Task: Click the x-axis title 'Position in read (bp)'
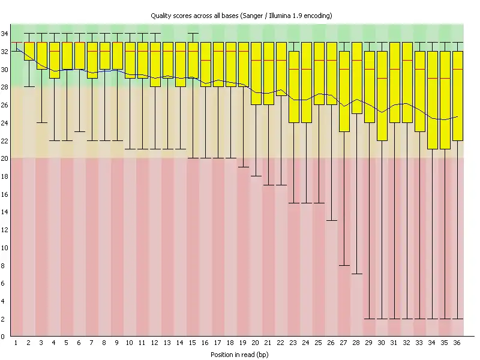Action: [x=240, y=355]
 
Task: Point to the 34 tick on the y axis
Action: [x=4, y=34]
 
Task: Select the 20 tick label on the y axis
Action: [x=4, y=158]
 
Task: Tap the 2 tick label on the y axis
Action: [x=4, y=319]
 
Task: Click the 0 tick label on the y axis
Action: [x=4, y=337]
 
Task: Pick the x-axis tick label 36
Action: [x=457, y=343]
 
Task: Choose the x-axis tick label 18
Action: [x=230, y=343]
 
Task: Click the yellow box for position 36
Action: [x=457, y=96]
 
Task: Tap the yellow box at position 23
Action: [x=294, y=87]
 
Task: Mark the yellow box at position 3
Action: [x=41, y=56]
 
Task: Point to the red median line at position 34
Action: [x=432, y=78]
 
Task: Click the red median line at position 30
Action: [x=382, y=78]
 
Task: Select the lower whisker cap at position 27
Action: [x=344, y=265]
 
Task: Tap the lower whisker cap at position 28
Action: [x=357, y=274]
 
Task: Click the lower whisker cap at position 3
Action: [x=41, y=122]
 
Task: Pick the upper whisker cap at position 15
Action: [x=193, y=34]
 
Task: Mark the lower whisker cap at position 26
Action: [x=332, y=221]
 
